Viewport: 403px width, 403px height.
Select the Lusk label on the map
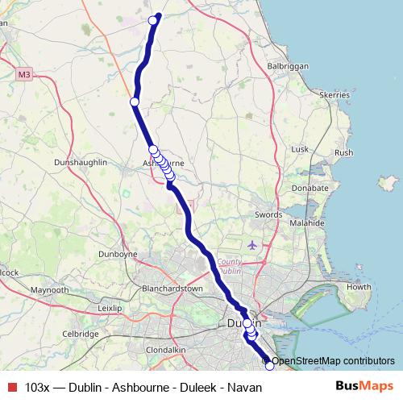click(300, 149)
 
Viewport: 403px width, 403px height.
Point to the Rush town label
click(344, 152)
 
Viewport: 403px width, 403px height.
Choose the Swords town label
click(268, 214)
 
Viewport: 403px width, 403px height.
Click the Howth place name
click(358, 287)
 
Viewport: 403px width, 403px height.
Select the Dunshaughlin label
click(79, 162)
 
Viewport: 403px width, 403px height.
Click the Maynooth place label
click(49, 289)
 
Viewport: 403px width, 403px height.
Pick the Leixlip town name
click(108, 308)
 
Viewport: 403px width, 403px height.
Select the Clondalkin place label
click(166, 350)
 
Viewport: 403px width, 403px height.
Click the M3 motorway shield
click(23, 75)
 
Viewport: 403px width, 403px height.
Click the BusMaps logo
click(364, 387)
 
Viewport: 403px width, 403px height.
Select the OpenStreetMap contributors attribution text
click(333, 361)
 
